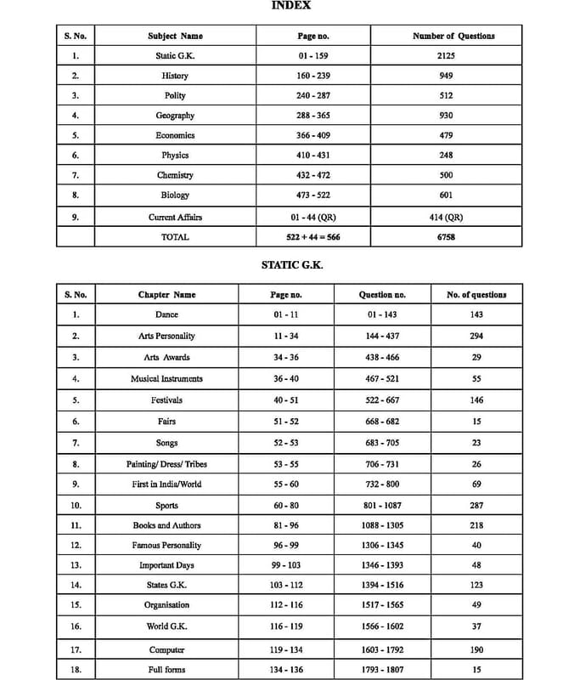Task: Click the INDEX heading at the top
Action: (x=291, y=5)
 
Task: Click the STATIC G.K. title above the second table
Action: (x=291, y=265)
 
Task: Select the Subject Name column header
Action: (x=175, y=37)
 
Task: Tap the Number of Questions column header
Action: (x=453, y=37)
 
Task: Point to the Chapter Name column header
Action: (x=166, y=295)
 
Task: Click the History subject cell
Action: (x=175, y=76)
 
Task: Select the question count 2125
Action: (x=446, y=56)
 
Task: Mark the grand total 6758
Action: (x=446, y=237)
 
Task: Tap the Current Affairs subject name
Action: (x=175, y=217)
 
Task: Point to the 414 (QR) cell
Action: (x=446, y=217)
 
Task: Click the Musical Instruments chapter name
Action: (x=166, y=378)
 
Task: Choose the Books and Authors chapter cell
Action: (x=166, y=526)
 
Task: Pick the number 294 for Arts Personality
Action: (x=476, y=337)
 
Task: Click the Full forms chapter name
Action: (x=166, y=669)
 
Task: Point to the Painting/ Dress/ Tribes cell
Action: (x=166, y=464)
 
